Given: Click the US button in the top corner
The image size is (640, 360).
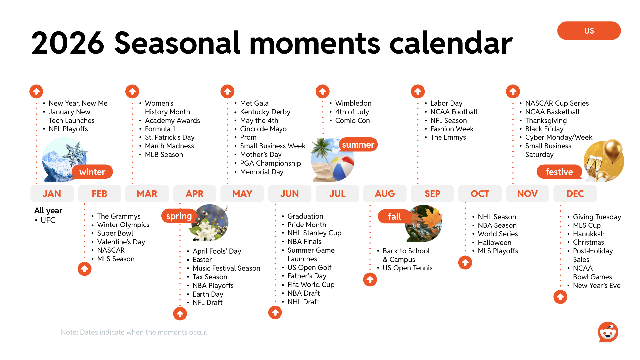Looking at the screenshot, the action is [589, 31].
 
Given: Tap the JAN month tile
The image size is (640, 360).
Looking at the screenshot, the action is [52, 194].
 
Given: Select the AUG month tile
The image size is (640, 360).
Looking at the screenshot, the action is [385, 194].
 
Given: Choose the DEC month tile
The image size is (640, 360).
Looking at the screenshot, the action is [575, 194].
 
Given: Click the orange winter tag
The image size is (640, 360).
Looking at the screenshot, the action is [92, 172].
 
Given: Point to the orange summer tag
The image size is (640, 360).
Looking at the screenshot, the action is [358, 145].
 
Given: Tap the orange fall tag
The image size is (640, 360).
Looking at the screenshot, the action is [394, 217].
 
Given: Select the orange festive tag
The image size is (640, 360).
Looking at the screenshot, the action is [559, 172].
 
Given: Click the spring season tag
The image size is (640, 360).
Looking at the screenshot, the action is [179, 216].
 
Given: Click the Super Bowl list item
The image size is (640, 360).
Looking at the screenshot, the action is [115, 233].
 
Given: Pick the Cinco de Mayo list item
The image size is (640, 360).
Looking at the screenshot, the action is [263, 129].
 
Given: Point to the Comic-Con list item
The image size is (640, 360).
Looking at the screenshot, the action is [352, 121].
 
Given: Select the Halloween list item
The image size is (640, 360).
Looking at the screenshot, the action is [494, 242].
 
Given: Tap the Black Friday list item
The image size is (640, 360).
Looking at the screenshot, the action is [544, 129].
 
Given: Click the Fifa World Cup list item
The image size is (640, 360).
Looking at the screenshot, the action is [311, 285].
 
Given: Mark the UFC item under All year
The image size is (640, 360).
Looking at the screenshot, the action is [48, 220].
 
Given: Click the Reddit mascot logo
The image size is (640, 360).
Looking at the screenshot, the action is [608, 332].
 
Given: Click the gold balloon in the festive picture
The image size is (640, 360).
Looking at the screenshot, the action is [612, 151].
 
